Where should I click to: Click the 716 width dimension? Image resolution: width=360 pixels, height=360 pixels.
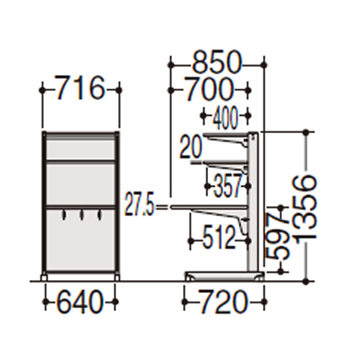pyautogui.click(x=80, y=87)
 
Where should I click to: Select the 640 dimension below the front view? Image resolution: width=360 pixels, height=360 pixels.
pyautogui.click(x=80, y=301)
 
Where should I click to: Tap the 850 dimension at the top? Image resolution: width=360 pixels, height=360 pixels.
pyautogui.click(x=217, y=62)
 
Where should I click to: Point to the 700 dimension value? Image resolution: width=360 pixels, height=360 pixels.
pyautogui.click(x=209, y=89)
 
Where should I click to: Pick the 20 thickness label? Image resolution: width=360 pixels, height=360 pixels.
pyautogui.click(x=191, y=147)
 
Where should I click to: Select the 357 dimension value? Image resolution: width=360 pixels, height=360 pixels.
pyautogui.click(x=228, y=185)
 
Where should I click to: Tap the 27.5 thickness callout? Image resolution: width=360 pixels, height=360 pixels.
pyautogui.click(x=139, y=207)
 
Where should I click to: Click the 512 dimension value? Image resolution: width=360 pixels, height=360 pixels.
pyautogui.click(x=218, y=239)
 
